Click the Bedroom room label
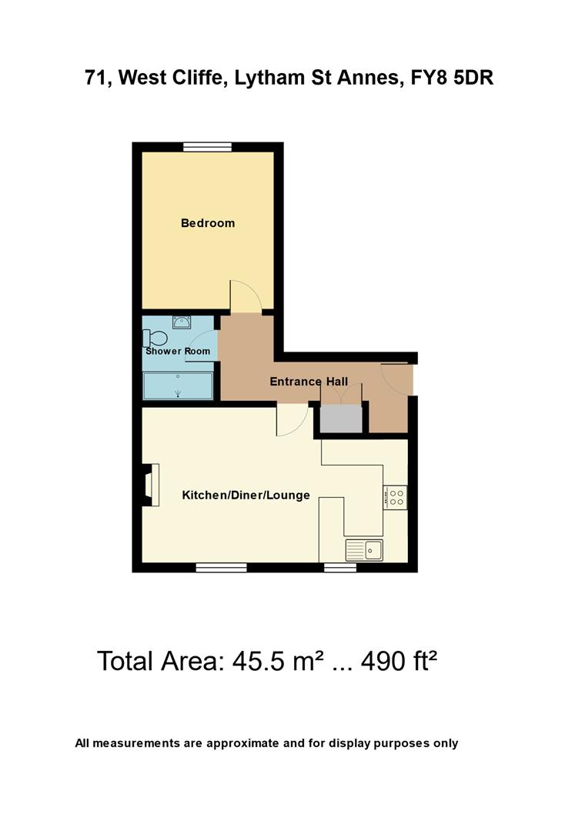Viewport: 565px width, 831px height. point(208,224)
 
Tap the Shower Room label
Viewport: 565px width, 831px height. point(178,352)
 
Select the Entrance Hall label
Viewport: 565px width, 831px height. point(309,382)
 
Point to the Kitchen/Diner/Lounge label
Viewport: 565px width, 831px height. point(246,496)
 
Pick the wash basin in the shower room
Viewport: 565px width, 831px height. point(182,322)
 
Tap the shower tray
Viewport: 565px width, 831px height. point(179,385)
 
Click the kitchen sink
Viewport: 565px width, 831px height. point(364,549)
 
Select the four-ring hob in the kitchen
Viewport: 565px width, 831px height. point(396,497)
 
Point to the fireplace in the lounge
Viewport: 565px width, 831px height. point(150,486)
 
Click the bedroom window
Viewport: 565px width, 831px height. point(208,146)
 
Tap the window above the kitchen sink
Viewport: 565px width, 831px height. point(339,568)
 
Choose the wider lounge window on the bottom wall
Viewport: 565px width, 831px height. point(221,568)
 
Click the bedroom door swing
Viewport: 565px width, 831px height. point(246,298)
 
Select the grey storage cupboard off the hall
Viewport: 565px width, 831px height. point(341,418)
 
